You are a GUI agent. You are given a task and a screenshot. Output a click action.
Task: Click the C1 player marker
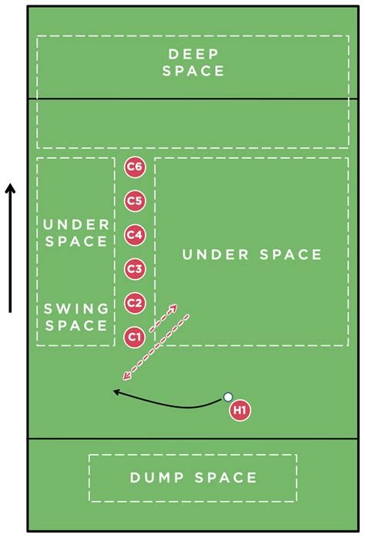click(x=135, y=337)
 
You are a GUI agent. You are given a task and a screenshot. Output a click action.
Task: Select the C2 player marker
click(x=135, y=303)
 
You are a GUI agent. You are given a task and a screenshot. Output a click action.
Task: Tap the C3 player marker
click(x=135, y=269)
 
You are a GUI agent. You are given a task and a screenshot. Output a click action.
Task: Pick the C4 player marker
click(x=135, y=235)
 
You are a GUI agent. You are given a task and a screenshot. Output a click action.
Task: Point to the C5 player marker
click(x=135, y=201)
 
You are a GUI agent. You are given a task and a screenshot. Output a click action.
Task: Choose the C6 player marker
click(x=135, y=167)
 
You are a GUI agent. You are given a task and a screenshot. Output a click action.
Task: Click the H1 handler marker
click(x=240, y=410)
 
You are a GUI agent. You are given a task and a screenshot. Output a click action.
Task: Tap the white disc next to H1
click(x=228, y=397)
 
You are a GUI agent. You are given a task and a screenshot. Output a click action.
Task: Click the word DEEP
click(x=193, y=54)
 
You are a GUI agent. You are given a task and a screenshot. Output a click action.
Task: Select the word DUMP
click(x=157, y=478)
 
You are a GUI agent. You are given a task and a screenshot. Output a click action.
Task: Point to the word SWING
click(x=76, y=309)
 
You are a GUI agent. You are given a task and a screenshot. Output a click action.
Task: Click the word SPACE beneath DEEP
click(x=193, y=71)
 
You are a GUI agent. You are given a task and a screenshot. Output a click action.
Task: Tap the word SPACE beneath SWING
click(x=76, y=325)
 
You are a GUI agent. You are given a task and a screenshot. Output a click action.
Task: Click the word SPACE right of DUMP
click(x=226, y=478)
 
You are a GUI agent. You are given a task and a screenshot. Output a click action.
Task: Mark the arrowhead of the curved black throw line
click(x=117, y=392)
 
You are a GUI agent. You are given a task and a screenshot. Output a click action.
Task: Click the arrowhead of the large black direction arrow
click(x=10, y=188)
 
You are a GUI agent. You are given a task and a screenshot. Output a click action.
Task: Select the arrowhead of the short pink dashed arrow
click(x=173, y=308)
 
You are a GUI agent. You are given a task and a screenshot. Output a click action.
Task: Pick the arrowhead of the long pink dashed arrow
click(x=127, y=376)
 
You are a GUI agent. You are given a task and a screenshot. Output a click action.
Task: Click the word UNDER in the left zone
click(x=76, y=225)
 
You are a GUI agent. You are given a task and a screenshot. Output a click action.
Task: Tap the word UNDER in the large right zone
click(x=216, y=254)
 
